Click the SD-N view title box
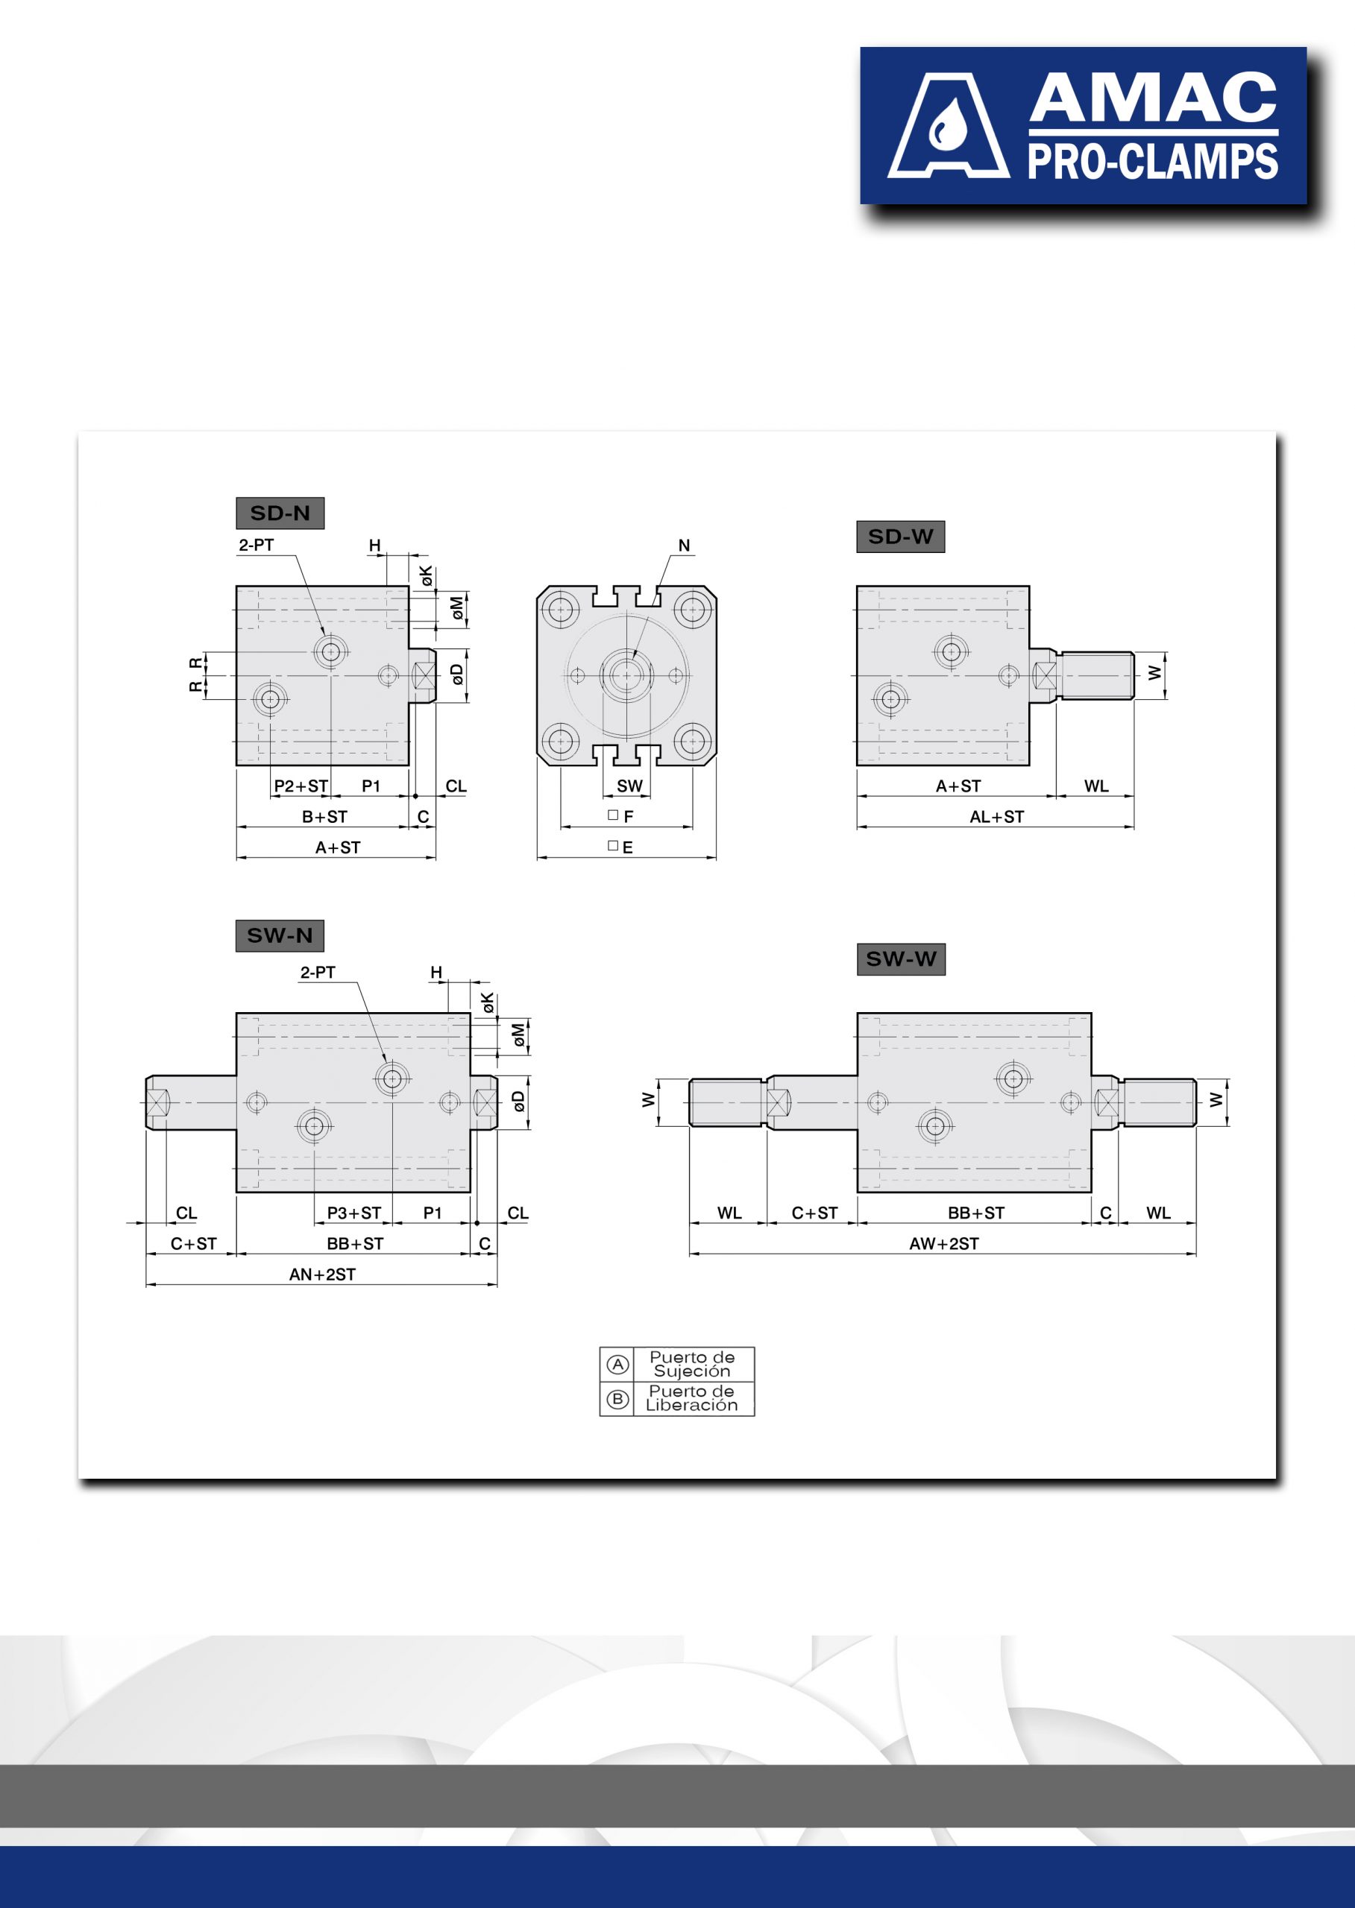coord(280,513)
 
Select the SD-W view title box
coord(900,536)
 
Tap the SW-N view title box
coord(280,935)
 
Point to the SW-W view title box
coord(901,959)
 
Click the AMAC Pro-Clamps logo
coord(1083,125)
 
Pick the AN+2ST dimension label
coord(322,1274)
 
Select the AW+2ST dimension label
coord(943,1243)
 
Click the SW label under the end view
coord(630,786)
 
